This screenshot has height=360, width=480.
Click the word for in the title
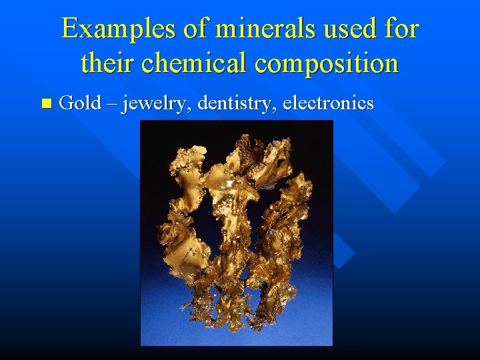(400, 29)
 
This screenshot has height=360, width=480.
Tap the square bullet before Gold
(45, 103)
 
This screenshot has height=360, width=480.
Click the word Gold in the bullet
(80, 103)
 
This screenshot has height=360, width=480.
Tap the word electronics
(328, 103)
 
